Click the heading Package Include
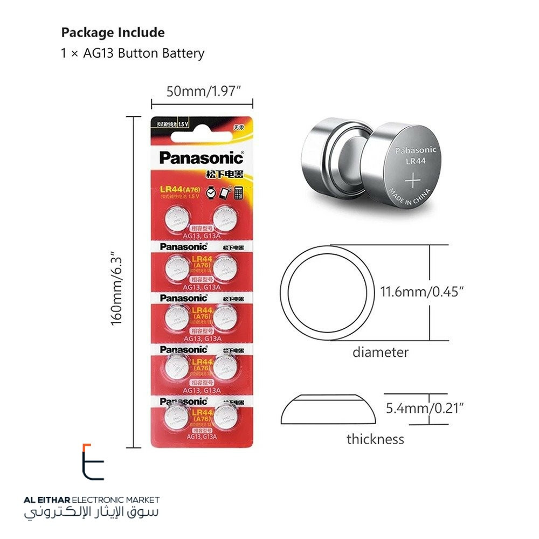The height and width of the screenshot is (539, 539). [113, 32]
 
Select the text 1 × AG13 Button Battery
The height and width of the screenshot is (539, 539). [133, 53]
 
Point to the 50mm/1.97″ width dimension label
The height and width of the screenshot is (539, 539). [202, 91]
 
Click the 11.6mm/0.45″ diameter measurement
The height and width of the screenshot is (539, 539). [422, 293]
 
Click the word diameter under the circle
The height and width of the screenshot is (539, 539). [380, 353]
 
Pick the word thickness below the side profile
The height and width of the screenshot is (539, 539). [375, 439]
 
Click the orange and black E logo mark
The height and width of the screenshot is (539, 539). [93, 462]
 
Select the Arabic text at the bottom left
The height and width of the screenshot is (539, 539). [92, 513]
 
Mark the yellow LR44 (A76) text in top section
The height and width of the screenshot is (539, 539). [178, 189]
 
